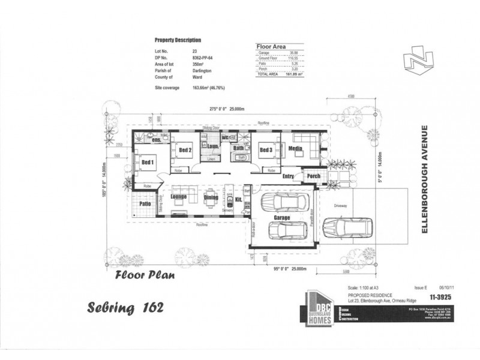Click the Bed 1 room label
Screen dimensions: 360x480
(x=147, y=162)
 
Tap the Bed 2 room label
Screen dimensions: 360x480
(x=184, y=151)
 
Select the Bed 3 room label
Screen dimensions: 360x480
(x=266, y=151)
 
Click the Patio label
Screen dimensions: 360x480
(x=145, y=203)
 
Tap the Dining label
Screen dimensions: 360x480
(x=211, y=196)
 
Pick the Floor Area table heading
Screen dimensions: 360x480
(x=271, y=46)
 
